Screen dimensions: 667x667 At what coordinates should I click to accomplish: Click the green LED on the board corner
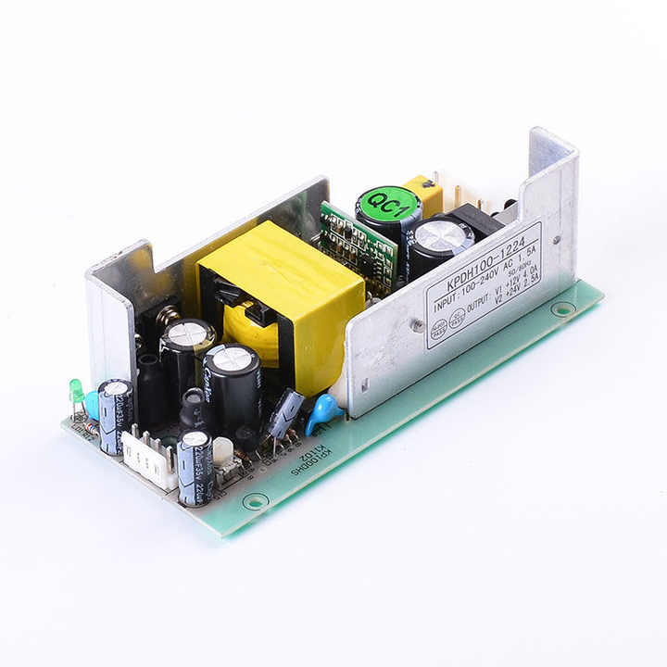[76, 390]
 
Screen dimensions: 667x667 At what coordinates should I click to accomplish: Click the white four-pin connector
[148, 457]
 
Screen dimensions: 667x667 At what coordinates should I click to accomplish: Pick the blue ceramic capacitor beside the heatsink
[323, 411]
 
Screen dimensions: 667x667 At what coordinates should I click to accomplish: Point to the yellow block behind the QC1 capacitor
[425, 194]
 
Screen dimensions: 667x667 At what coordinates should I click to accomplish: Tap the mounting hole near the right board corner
[562, 308]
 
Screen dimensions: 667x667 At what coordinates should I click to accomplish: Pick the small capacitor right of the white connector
[195, 467]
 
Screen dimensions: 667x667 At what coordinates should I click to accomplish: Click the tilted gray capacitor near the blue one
[285, 412]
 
